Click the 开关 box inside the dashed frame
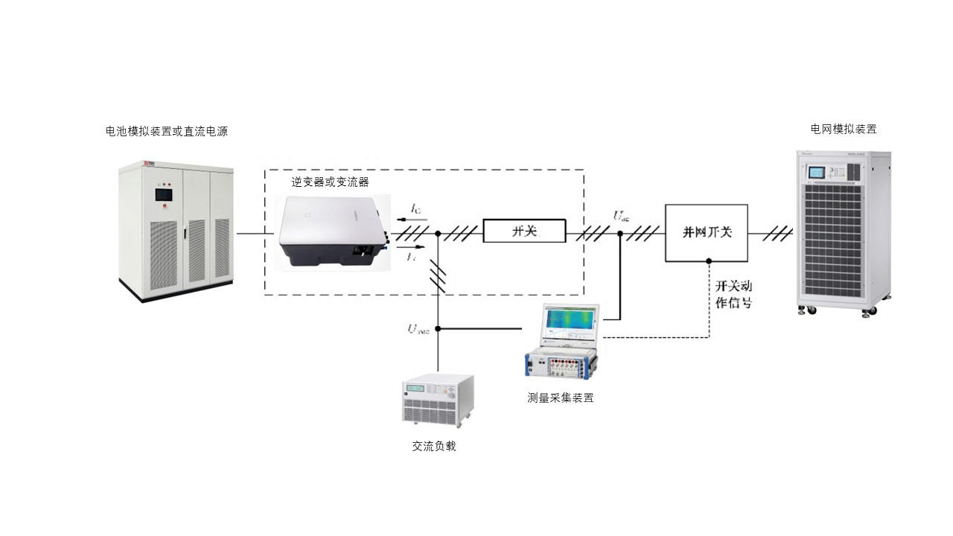coord(524,232)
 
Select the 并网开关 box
coord(707,232)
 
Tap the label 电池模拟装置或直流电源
coord(166,132)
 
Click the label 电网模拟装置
coord(844,129)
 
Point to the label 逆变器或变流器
coord(330,182)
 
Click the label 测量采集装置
coord(560,398)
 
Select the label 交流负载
coord(434,446)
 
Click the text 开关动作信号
coord(733,294)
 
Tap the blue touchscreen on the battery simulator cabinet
coord(164,195)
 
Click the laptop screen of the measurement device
coord(571,320)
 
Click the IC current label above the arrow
coord(415,209)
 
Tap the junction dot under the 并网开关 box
coord(708,261)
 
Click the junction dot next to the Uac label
coord(620,233)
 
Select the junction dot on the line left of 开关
coord(438,233)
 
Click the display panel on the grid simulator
coord(817,172)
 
